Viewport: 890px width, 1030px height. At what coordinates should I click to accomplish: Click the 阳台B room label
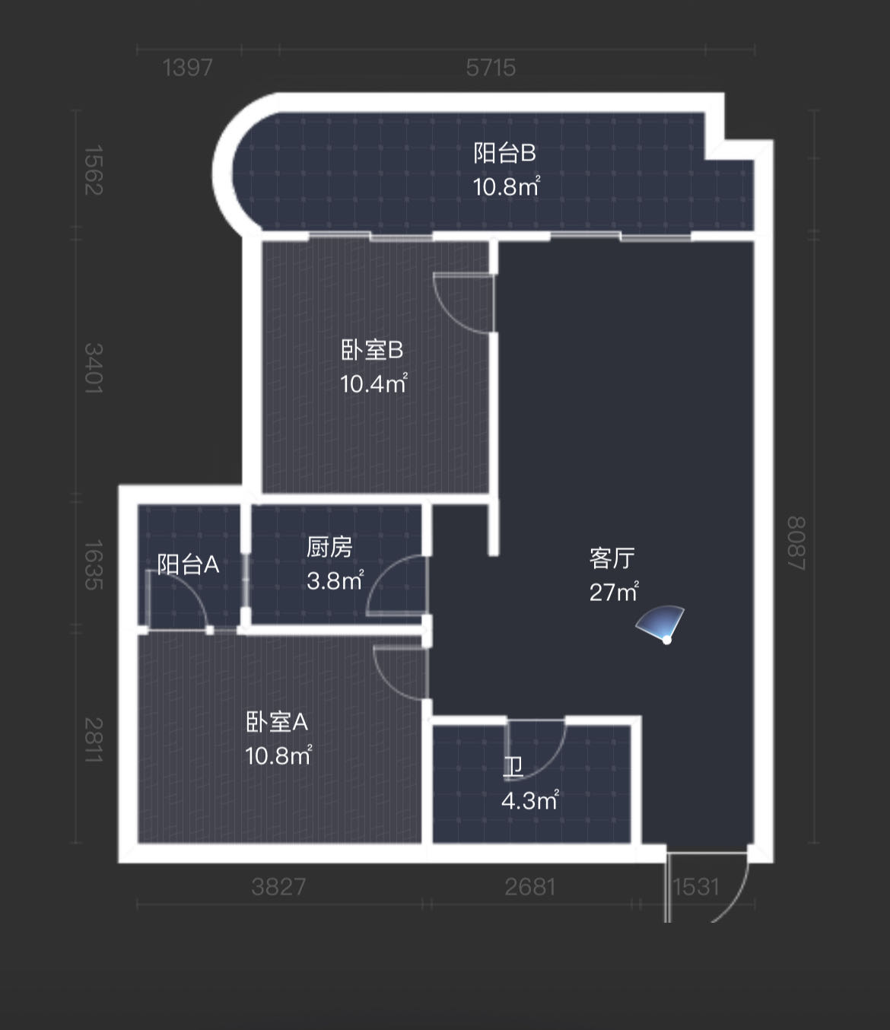504,153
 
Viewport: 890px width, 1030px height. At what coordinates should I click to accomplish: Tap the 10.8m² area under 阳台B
506,186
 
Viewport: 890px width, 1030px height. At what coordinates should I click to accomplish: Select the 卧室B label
371,350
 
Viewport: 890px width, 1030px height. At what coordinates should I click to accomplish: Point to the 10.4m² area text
373,383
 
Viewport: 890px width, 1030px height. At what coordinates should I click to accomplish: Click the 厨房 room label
329,547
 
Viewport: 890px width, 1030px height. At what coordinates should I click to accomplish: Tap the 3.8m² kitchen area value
335,581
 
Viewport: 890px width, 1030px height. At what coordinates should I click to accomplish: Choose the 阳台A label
188,564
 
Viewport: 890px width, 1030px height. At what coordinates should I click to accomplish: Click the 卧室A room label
277,722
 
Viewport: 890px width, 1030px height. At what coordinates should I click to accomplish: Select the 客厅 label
612,558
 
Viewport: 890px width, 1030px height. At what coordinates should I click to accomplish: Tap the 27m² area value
613,592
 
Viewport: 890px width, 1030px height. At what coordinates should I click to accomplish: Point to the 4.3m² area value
529,800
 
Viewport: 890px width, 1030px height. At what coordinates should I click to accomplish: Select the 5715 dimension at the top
491,68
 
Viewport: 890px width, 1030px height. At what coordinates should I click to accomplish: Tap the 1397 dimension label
188,68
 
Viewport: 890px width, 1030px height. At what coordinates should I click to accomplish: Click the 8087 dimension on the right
796,543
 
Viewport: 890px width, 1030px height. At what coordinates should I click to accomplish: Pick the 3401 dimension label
93,368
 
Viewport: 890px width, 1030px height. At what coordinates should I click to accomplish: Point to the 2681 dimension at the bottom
530,887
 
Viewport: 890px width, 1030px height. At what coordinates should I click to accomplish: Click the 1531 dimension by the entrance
696,887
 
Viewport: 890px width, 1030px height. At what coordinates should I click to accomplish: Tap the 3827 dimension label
278,887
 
